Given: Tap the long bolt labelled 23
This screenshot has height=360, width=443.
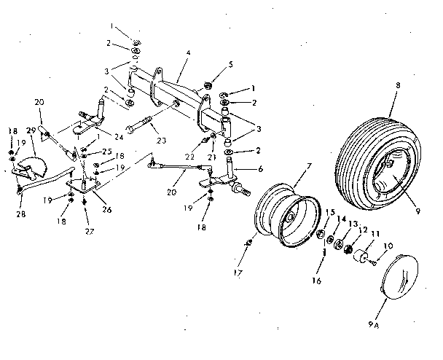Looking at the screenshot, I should tap(143, 125).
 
